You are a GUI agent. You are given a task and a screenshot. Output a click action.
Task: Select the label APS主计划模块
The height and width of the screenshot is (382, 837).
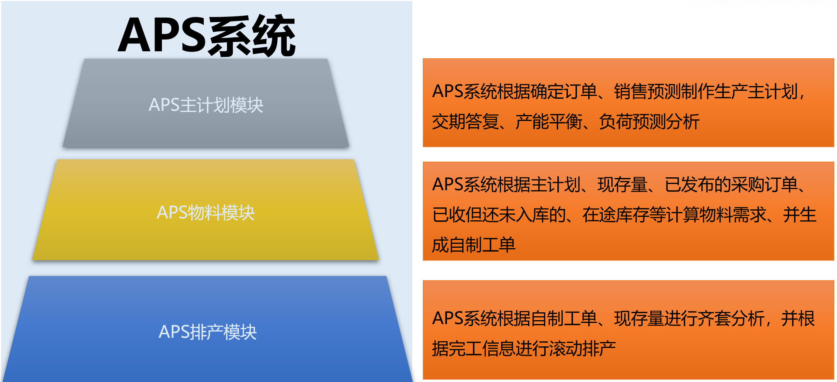click(206, 105)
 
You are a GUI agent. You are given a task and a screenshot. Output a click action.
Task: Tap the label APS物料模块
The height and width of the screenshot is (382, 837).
click(206, 213)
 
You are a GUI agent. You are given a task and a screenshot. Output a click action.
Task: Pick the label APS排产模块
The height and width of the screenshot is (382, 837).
click(207, 332)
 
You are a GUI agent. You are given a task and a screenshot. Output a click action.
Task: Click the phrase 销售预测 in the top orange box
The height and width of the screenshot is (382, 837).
click(647, 92)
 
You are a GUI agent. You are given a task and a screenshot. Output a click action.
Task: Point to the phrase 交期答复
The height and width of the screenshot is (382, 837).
click(465, 122)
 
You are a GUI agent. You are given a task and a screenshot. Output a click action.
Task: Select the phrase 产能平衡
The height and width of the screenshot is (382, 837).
click(549, 122)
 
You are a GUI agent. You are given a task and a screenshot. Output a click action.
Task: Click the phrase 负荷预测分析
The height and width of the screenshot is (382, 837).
click(649, 122)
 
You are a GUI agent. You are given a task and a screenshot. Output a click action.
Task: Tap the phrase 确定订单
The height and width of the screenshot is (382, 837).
click(564, 92)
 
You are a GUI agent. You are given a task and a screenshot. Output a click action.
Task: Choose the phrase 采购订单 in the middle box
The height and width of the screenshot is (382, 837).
click(764, 185)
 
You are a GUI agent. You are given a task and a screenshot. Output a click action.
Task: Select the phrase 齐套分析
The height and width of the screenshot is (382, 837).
click(731, 319)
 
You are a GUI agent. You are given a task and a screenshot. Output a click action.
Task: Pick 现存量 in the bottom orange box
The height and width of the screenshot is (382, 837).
click(639, 319)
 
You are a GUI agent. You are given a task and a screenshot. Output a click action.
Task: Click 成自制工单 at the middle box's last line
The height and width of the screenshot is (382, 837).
click(474, 245)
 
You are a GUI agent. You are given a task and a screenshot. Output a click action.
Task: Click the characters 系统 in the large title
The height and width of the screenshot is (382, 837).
click(251, 36)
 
